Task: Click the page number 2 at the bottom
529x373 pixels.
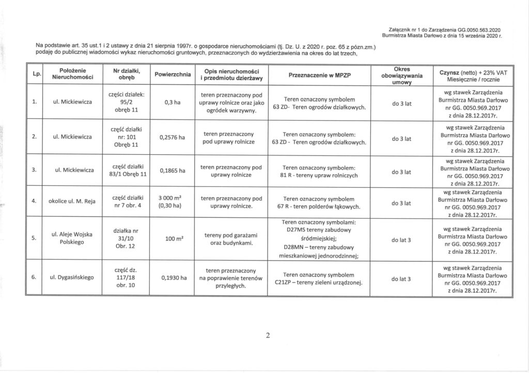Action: pyautogui.click(x=268, y=337)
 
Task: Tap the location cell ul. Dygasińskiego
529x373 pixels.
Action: pyautogui.click(x=72, y=278)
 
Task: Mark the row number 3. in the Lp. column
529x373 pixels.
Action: pyautogui.click(x=34, y=170)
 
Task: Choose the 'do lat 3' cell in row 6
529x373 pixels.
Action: pyautogui.click(x=401, y=279)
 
